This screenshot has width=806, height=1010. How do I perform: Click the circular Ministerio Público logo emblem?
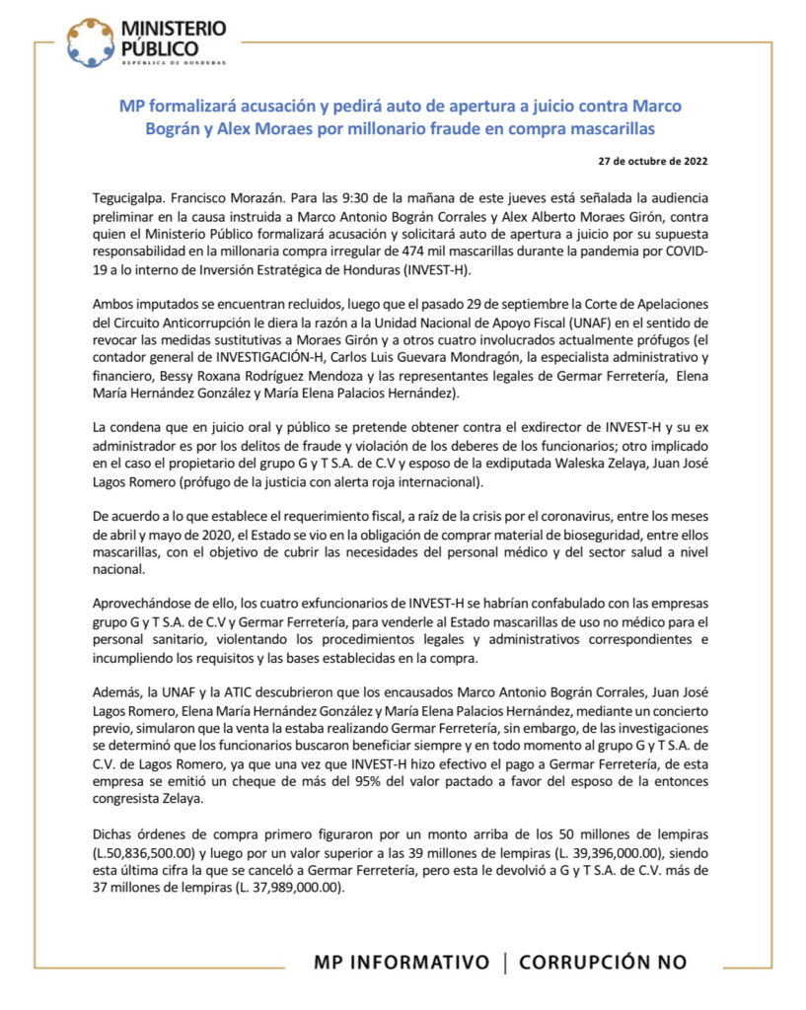[x=90, y=41]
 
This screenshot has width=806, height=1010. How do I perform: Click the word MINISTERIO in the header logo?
[x=172, y=29]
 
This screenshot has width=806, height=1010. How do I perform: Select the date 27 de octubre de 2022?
[x=652, y=161]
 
